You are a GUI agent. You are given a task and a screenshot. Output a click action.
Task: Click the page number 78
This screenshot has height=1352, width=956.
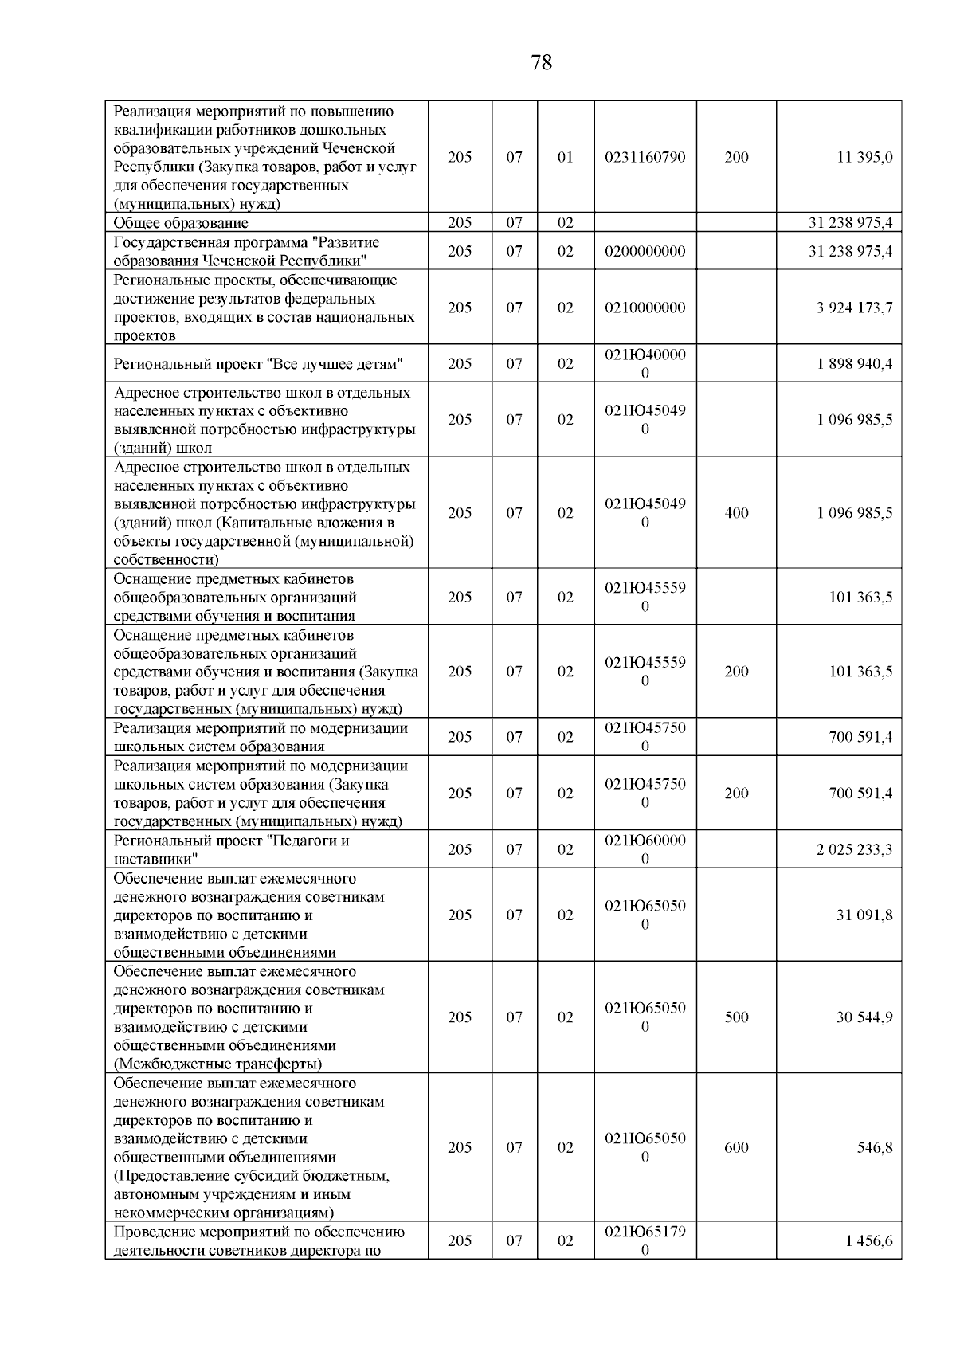[x=541, y=62]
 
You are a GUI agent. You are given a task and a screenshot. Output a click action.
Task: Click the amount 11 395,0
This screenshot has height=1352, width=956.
[x=864, y=157]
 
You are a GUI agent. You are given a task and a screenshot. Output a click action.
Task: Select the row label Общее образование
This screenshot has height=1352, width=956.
[x=181, y=223]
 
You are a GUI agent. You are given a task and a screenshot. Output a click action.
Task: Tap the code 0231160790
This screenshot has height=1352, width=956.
[x=645, y=157]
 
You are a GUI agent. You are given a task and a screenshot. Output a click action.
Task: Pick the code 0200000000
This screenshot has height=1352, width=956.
[x=645, y=251]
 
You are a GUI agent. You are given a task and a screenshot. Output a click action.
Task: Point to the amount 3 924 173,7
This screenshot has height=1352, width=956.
[x=854, y=308]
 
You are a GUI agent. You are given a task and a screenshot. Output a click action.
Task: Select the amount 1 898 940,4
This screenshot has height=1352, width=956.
[x=854, y=364]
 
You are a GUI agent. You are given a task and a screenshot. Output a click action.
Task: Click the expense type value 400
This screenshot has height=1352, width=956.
[x=736, y=513]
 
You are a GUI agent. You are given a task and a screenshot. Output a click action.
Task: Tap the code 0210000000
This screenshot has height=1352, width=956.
[x=645, y=308]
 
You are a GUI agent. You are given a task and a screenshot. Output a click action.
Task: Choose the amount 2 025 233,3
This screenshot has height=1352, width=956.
[x=854, y=849]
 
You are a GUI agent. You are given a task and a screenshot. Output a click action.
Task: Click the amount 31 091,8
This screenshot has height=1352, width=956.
[x=864, y=915]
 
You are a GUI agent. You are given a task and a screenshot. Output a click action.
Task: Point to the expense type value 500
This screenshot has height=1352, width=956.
[x=736, y=1017]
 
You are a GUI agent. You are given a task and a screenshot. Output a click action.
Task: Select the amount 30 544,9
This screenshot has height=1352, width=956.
[x=864, y=1017]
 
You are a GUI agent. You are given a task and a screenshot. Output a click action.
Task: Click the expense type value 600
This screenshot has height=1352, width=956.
[x=736, y=1147]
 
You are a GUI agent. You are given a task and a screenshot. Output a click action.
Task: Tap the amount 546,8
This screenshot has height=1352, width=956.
[x=875, y=1147]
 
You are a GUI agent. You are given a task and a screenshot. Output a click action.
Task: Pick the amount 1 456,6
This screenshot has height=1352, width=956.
[x=870, y=1240]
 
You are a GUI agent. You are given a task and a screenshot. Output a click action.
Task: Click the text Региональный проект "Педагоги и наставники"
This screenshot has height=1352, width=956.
[x=231, y=849]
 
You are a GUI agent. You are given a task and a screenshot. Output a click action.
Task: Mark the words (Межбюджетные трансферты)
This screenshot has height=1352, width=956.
[x=217, y=1064]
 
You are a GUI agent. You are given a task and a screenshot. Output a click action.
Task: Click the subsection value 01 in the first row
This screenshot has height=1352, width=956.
[x=565, y=157]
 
